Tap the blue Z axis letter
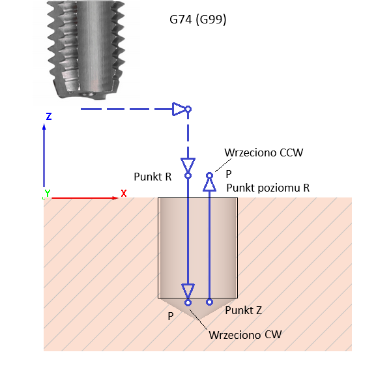49,117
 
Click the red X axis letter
123,193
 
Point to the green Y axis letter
47,194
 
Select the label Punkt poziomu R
267,188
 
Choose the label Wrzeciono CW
245,335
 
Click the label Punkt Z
243,310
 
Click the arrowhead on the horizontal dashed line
179,109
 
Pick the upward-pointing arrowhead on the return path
209,185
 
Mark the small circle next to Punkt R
188,175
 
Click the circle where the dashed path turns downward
188,109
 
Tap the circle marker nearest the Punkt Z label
209,302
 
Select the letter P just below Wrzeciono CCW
229,175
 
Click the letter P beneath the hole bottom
171,316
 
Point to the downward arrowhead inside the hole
188,290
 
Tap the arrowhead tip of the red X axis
117,197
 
